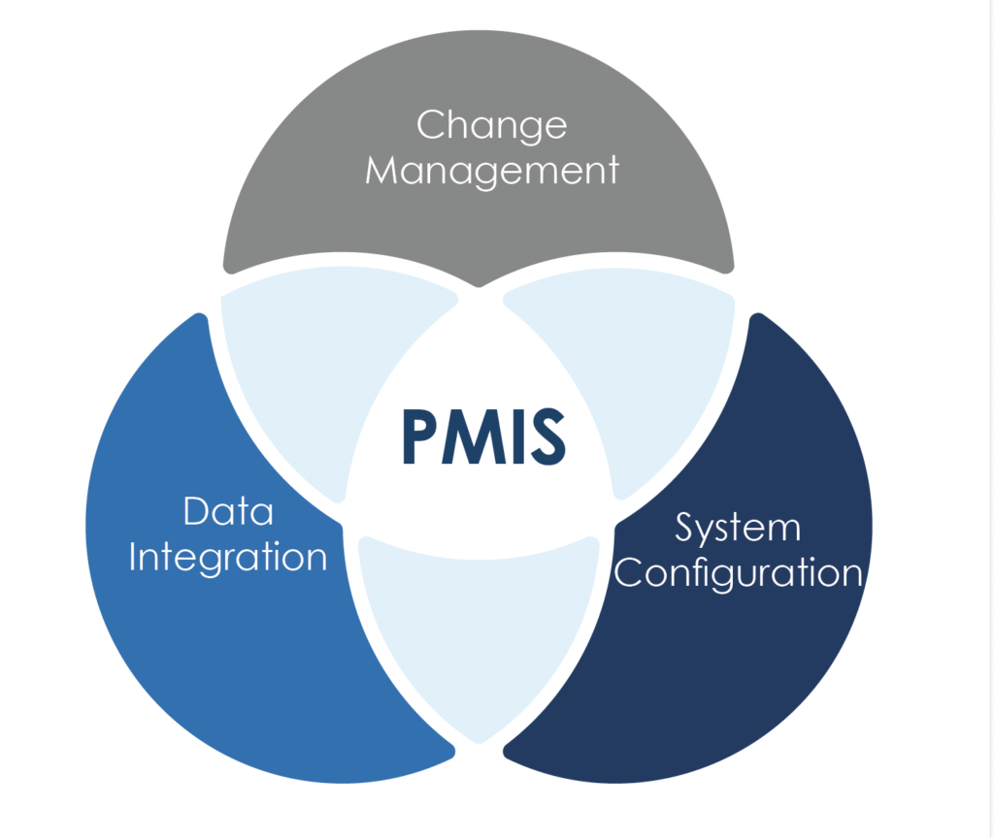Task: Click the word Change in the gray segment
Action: tap(491, 126)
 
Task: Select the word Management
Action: tap(492, 171)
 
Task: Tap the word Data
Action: tap(228, 511)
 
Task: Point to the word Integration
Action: tap(228, 558)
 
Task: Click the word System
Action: tap(738, 528)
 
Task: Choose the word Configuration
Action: tap(739, 572)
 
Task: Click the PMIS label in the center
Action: tap(482, 435)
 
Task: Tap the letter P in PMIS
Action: tap(418, 435)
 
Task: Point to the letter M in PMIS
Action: tap(470, 435)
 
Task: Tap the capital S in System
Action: tap(686, 528)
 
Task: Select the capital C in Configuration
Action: tap(631, 572)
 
